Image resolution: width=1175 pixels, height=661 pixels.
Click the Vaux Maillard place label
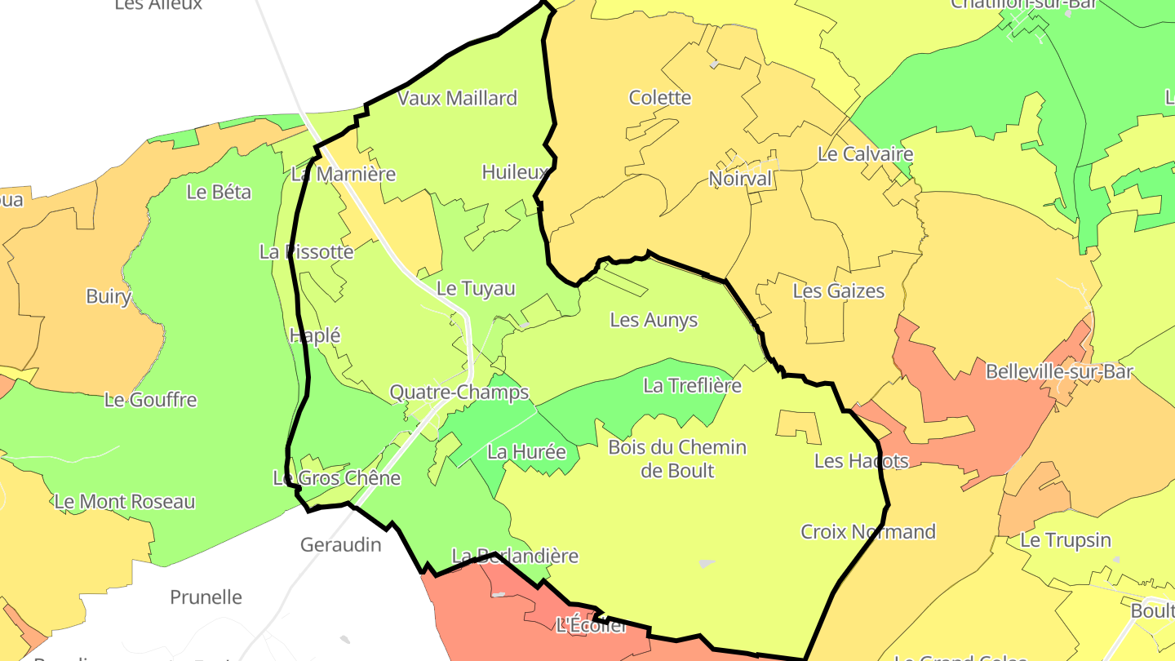pos(457,99)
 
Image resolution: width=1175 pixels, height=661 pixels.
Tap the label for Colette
pos(660,98)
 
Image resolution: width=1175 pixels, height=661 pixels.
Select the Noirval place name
pos(740,179)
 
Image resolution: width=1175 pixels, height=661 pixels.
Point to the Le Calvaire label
pos(865,154)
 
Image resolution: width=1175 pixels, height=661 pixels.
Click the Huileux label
pos(515,172)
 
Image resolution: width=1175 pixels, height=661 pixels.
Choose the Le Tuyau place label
pos(476,289)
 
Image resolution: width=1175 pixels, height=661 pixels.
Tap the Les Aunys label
pos(654,320)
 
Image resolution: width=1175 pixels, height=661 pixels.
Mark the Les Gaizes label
pos(838,291)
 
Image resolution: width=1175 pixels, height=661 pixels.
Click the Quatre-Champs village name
pos(459,393)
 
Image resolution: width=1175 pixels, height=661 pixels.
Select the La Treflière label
pos(692,385)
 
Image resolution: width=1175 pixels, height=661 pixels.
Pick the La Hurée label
pos(526,450)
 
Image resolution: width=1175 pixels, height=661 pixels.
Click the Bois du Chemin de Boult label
pos(677,459)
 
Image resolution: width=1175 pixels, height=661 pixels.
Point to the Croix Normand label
pos(868,532)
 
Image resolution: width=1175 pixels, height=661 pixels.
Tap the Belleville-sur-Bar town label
pos(1059,372)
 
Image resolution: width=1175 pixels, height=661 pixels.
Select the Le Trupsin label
pos(1066,540)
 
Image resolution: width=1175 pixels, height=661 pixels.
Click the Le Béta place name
pos(219,193)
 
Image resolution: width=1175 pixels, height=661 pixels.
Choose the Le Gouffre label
pos(151,400)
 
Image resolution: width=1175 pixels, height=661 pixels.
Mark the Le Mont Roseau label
pos(125,502)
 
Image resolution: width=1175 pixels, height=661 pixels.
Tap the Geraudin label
pos(340,544)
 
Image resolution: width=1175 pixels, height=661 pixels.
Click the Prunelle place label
pos(206,597)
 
